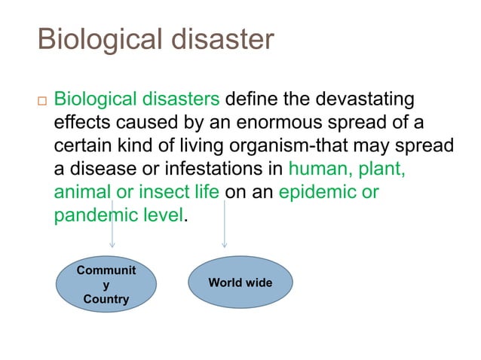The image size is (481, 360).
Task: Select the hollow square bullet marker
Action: click(x=41, y=101)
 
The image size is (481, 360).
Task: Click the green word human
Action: click(x=317, y=169)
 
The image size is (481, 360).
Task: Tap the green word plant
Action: click(x=381, y=169)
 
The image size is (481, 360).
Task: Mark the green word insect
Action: click(x=160, y=192)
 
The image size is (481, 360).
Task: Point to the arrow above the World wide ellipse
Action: click(x=224, y=226)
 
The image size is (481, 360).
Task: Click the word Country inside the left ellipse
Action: click(x=106, y=299)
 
